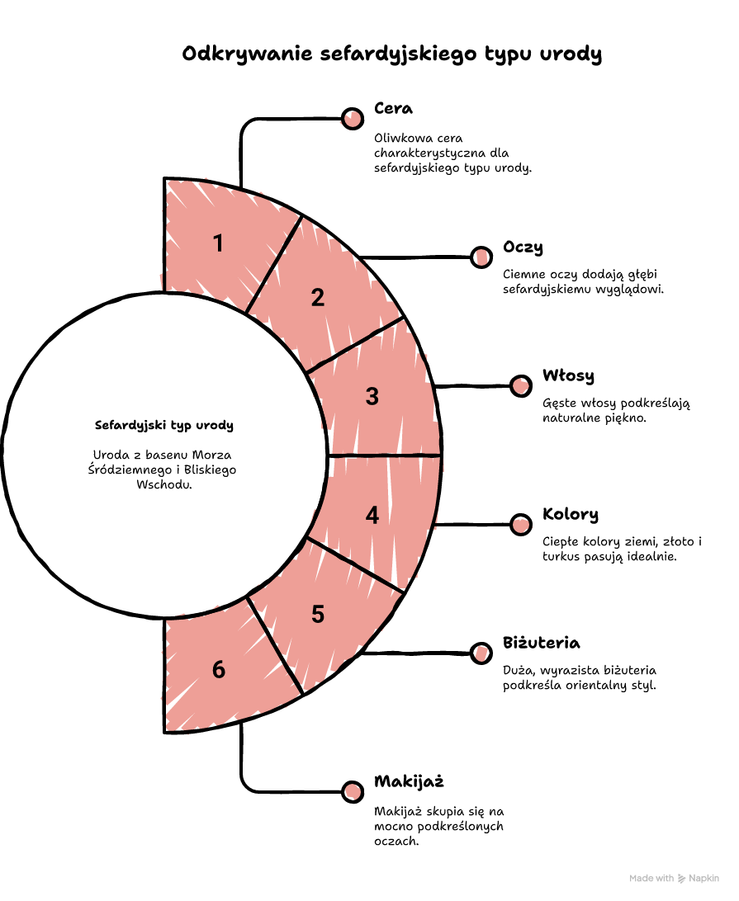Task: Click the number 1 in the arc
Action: pos(218,243)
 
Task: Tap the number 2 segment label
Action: pos(317,298)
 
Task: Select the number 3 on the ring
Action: pos(372,397)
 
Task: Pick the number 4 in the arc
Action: pos(372,515)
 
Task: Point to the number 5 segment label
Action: pos(317,614)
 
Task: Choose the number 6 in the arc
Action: pos(219,669)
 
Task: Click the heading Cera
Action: pos(393,108)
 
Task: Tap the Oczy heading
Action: pos(523,247)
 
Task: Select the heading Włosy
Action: pos(568,375)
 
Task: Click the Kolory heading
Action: pos(571,514)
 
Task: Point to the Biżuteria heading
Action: pos(541,643)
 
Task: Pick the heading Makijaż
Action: pos(409,781)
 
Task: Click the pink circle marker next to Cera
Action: pos(352,118)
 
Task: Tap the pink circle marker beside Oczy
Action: pos(481,257)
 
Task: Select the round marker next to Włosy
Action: pos(520,385)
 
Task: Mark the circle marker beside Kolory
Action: pos(520,524)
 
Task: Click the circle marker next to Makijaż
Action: pos(352,791)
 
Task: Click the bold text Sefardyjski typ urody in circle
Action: pos(164,425)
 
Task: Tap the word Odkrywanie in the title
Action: pos(247,54)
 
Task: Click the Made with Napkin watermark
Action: pos(674,878)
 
